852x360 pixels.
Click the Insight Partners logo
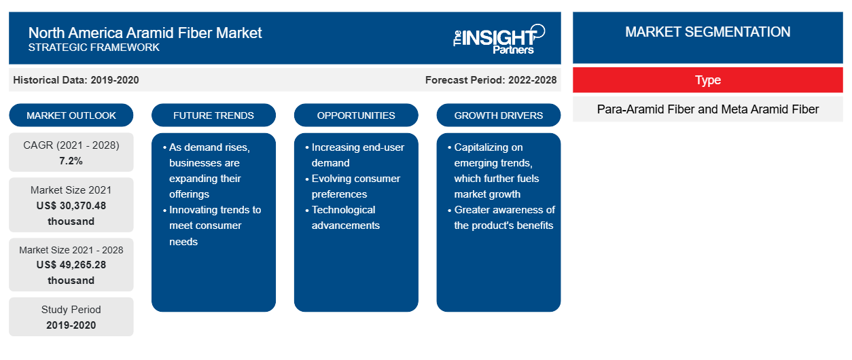click(499, 39)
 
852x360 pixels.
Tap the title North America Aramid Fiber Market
click(145, 33)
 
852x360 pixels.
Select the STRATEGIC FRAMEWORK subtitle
click(94, 48)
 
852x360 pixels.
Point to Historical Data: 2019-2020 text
click(76, 80)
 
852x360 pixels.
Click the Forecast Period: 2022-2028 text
click(491, 80)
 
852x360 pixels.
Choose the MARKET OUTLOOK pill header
click(71, 115)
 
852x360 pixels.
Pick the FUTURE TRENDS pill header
click(213, 115)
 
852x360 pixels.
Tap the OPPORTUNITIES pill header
click(356, 115)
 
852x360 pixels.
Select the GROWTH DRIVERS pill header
click(498, 115)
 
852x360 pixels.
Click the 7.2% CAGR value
click(71, 161)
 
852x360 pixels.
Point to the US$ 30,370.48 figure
click(71, 206)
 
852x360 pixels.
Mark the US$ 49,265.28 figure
click(71, 265)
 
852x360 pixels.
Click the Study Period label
click(71, 310)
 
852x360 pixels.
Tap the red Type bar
click(708, 80)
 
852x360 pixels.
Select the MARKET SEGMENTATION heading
click(708, 32)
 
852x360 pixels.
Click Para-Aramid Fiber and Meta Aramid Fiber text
click(708, 109)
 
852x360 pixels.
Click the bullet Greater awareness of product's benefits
click(501, 217)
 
